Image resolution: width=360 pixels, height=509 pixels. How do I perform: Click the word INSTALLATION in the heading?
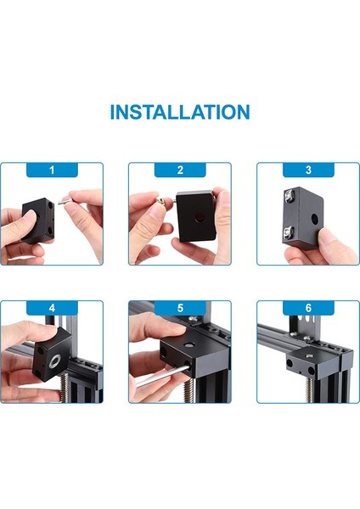(x=180, y=112)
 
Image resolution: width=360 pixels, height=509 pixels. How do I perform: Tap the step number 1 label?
(x=52, y=171)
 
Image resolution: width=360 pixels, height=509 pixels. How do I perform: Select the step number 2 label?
(x=180, y=171)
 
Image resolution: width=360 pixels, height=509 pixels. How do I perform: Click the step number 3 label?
(x=308, y=171)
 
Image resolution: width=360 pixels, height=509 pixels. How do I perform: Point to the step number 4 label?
(x=52, y=308)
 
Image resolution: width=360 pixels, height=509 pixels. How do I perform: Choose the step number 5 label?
(x=180, y=308)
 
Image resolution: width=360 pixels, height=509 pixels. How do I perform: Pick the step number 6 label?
(x=308, y=308)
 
